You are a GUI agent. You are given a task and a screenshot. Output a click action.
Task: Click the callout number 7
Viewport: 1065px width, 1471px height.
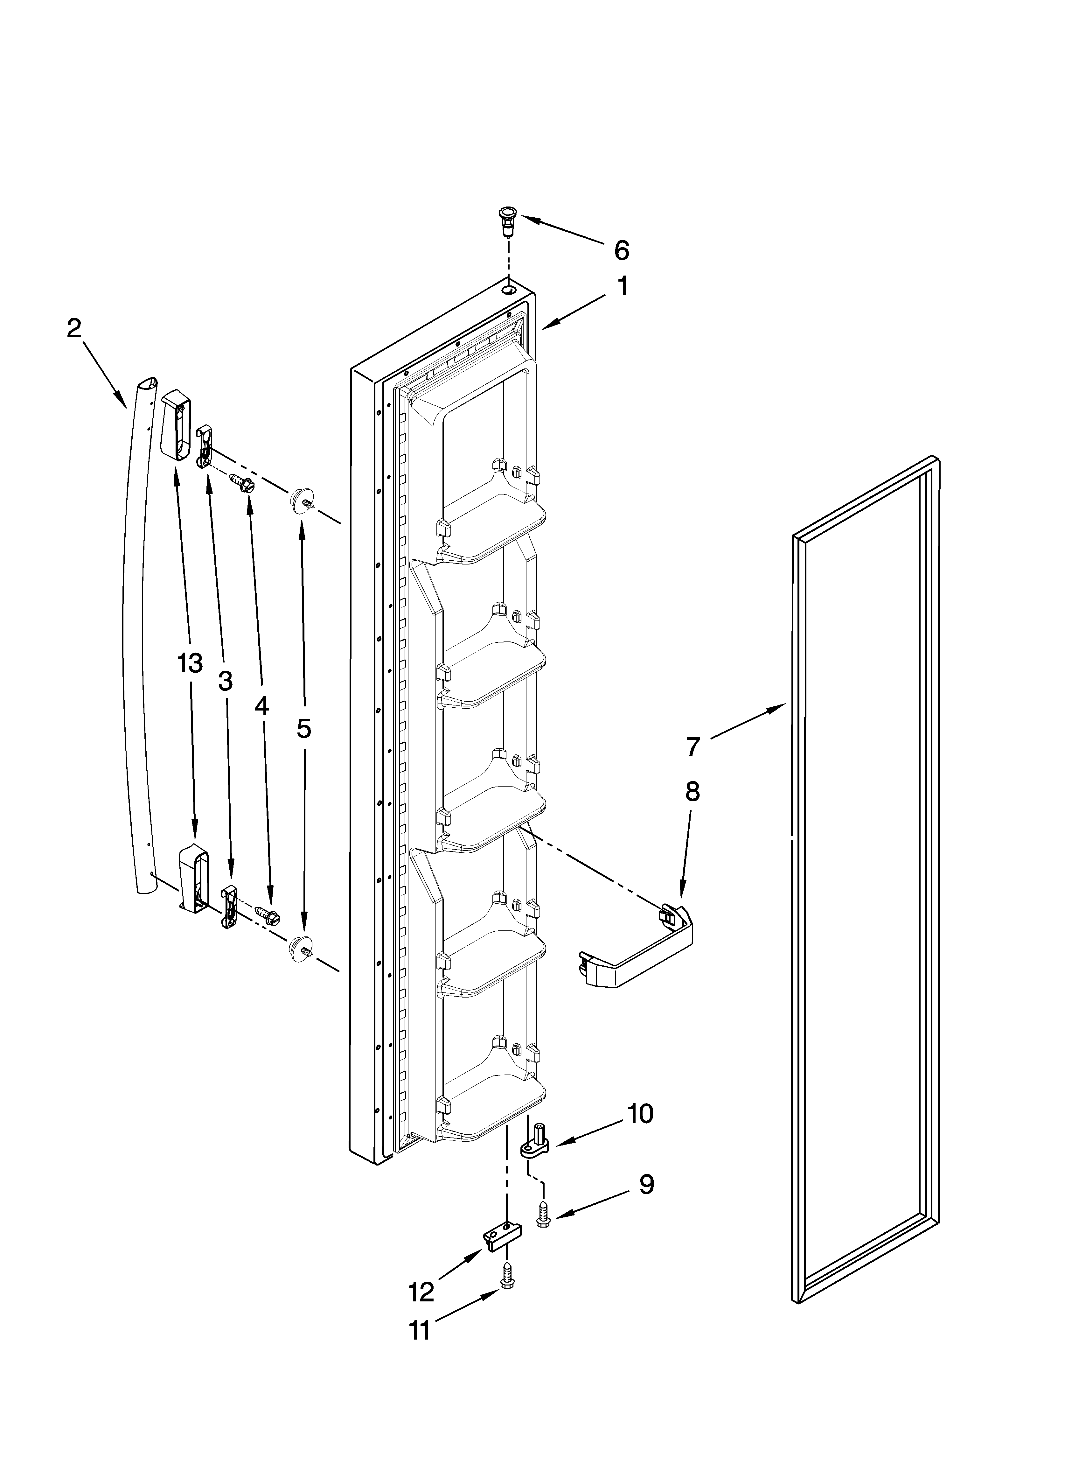point(693,747)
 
